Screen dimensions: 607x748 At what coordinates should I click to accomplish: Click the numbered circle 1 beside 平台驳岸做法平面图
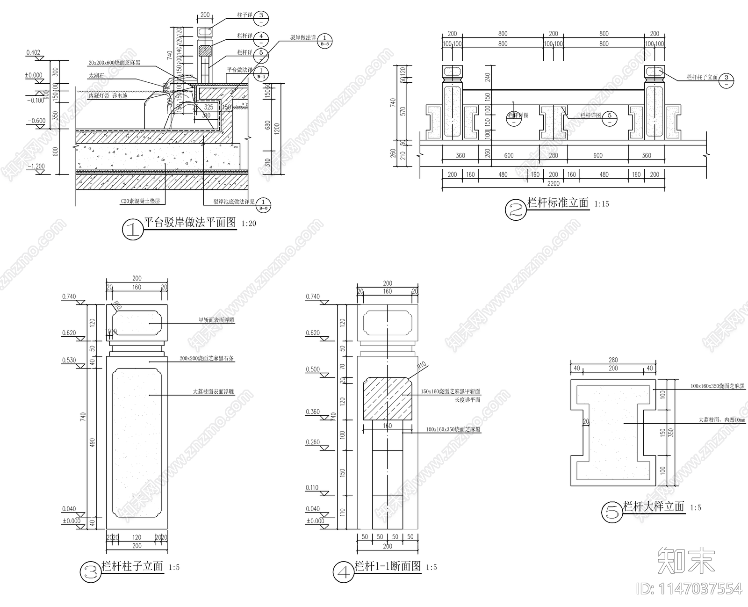[131, 230]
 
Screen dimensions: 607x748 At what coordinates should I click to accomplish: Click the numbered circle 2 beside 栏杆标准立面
[515, 210]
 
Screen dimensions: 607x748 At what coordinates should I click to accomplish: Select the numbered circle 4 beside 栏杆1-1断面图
[344, 572]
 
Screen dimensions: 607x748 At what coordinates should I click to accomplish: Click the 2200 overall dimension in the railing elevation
[553, 183]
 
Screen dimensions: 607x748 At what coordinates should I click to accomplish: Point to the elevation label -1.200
[36, 166]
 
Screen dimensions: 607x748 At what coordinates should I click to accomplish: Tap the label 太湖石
[96, 75]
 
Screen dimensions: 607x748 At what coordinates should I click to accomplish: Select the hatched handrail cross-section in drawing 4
[387, 398]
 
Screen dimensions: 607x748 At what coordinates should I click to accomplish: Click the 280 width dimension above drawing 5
[613, 360]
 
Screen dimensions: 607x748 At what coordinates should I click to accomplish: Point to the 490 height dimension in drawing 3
[92, 443]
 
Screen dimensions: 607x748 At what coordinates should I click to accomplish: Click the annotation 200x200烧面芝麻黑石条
[207, 359]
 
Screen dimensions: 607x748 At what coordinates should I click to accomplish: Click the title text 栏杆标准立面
[558, 203]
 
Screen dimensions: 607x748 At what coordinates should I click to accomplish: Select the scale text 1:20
[249, 224]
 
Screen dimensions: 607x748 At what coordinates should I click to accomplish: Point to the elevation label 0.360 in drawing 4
[313, 412]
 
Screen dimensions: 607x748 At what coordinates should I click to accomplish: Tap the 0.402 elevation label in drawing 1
[33, 52]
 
